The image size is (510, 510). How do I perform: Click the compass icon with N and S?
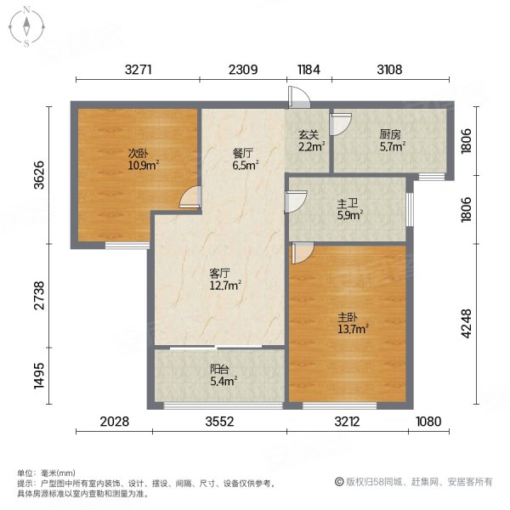26,25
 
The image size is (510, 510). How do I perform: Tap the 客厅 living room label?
220,274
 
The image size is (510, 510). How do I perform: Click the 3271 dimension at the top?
138,70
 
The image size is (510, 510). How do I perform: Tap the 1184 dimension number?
308,70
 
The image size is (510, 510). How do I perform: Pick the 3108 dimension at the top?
389,70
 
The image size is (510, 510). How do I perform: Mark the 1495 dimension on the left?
36,375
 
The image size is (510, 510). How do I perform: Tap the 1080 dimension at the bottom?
431,421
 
